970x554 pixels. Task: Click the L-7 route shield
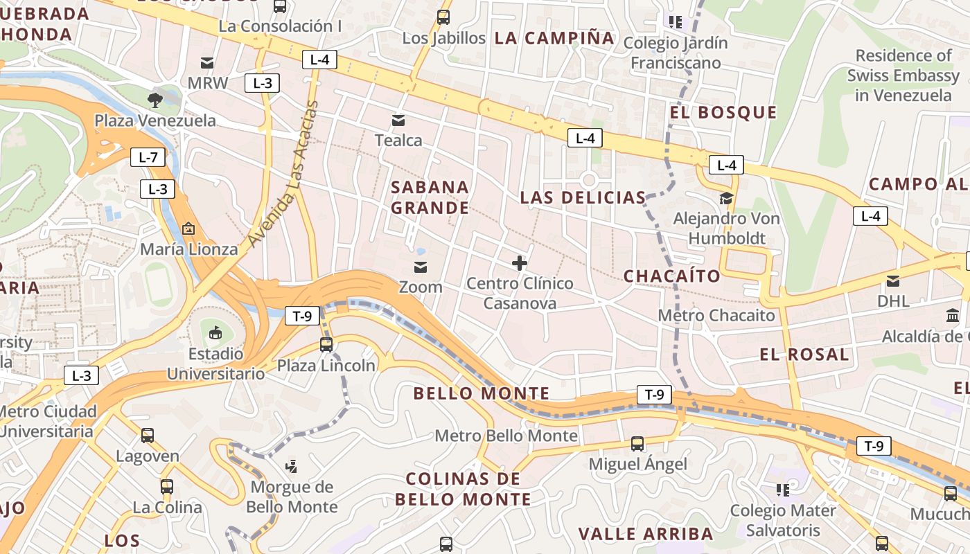tap(148, 157)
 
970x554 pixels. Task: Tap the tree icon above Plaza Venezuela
tap(155, 100)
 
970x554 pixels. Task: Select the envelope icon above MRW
tap(207, 62)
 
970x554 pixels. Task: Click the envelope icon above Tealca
tap(398, 120)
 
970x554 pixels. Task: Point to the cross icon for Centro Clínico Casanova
tap(520, 263)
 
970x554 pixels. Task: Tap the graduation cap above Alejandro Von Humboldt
tap(726, 199)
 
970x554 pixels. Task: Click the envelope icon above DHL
tap(893, 281)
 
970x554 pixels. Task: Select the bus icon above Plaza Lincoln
tap(326, 344)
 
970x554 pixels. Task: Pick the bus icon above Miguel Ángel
tap(637, 444)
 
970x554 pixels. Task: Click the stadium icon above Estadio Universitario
tap(215, 333)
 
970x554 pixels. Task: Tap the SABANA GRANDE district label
tap(430, 197)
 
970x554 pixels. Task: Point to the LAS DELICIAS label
tap(583, 197)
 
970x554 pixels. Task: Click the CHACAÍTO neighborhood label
tap(672, 276)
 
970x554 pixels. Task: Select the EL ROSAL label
tap(804, 355)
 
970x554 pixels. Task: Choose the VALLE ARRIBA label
tap(646, 534)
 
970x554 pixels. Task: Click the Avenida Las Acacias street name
tap(283, 173)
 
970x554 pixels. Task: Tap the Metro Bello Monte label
tap(506, 436)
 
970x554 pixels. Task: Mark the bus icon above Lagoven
tap(148, 436)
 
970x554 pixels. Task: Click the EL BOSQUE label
tap(723, 112)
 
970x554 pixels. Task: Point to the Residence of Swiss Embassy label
tap(903, 75)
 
